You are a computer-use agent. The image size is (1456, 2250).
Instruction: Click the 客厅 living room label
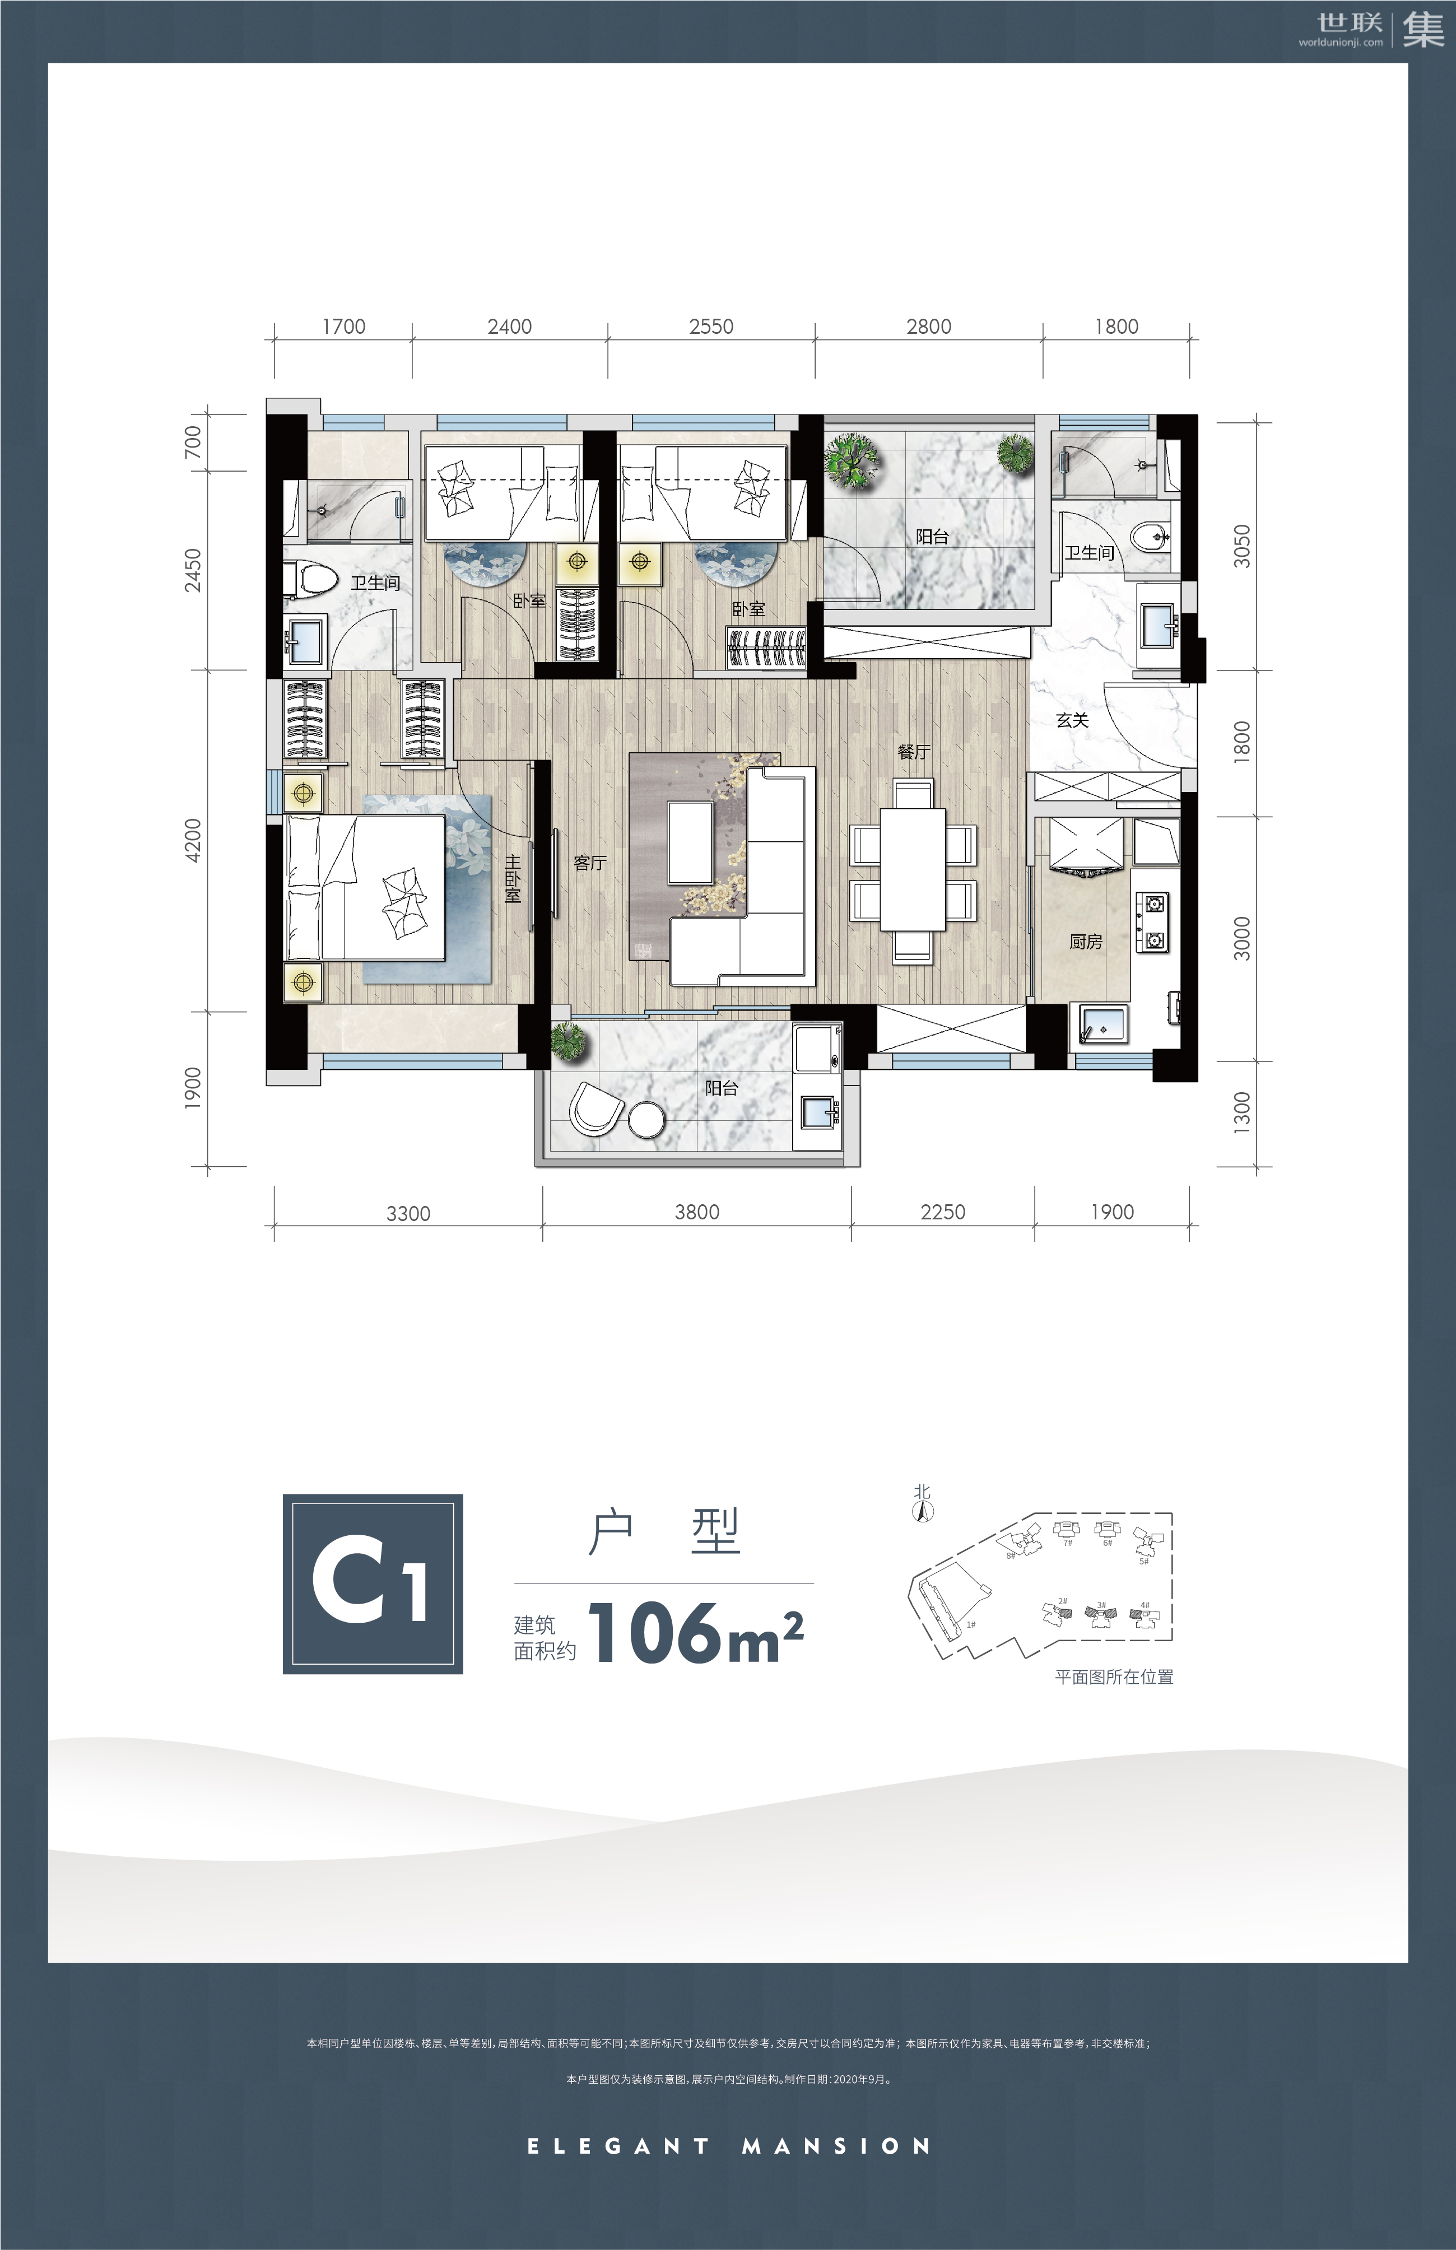pos(590,862)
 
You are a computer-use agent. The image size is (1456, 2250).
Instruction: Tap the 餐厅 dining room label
pos(914,752)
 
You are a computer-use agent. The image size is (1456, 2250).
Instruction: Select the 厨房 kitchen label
pos(1085,942)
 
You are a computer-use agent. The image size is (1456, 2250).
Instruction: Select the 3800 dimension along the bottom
pos(697,1212)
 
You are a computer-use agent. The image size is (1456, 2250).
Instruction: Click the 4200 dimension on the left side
pos(193,840)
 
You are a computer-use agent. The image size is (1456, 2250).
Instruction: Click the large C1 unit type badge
pos(373,1583)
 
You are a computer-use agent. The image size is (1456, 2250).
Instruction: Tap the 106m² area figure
pos(696,1633)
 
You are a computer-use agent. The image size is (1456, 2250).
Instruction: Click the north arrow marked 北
pos(922,1503)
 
